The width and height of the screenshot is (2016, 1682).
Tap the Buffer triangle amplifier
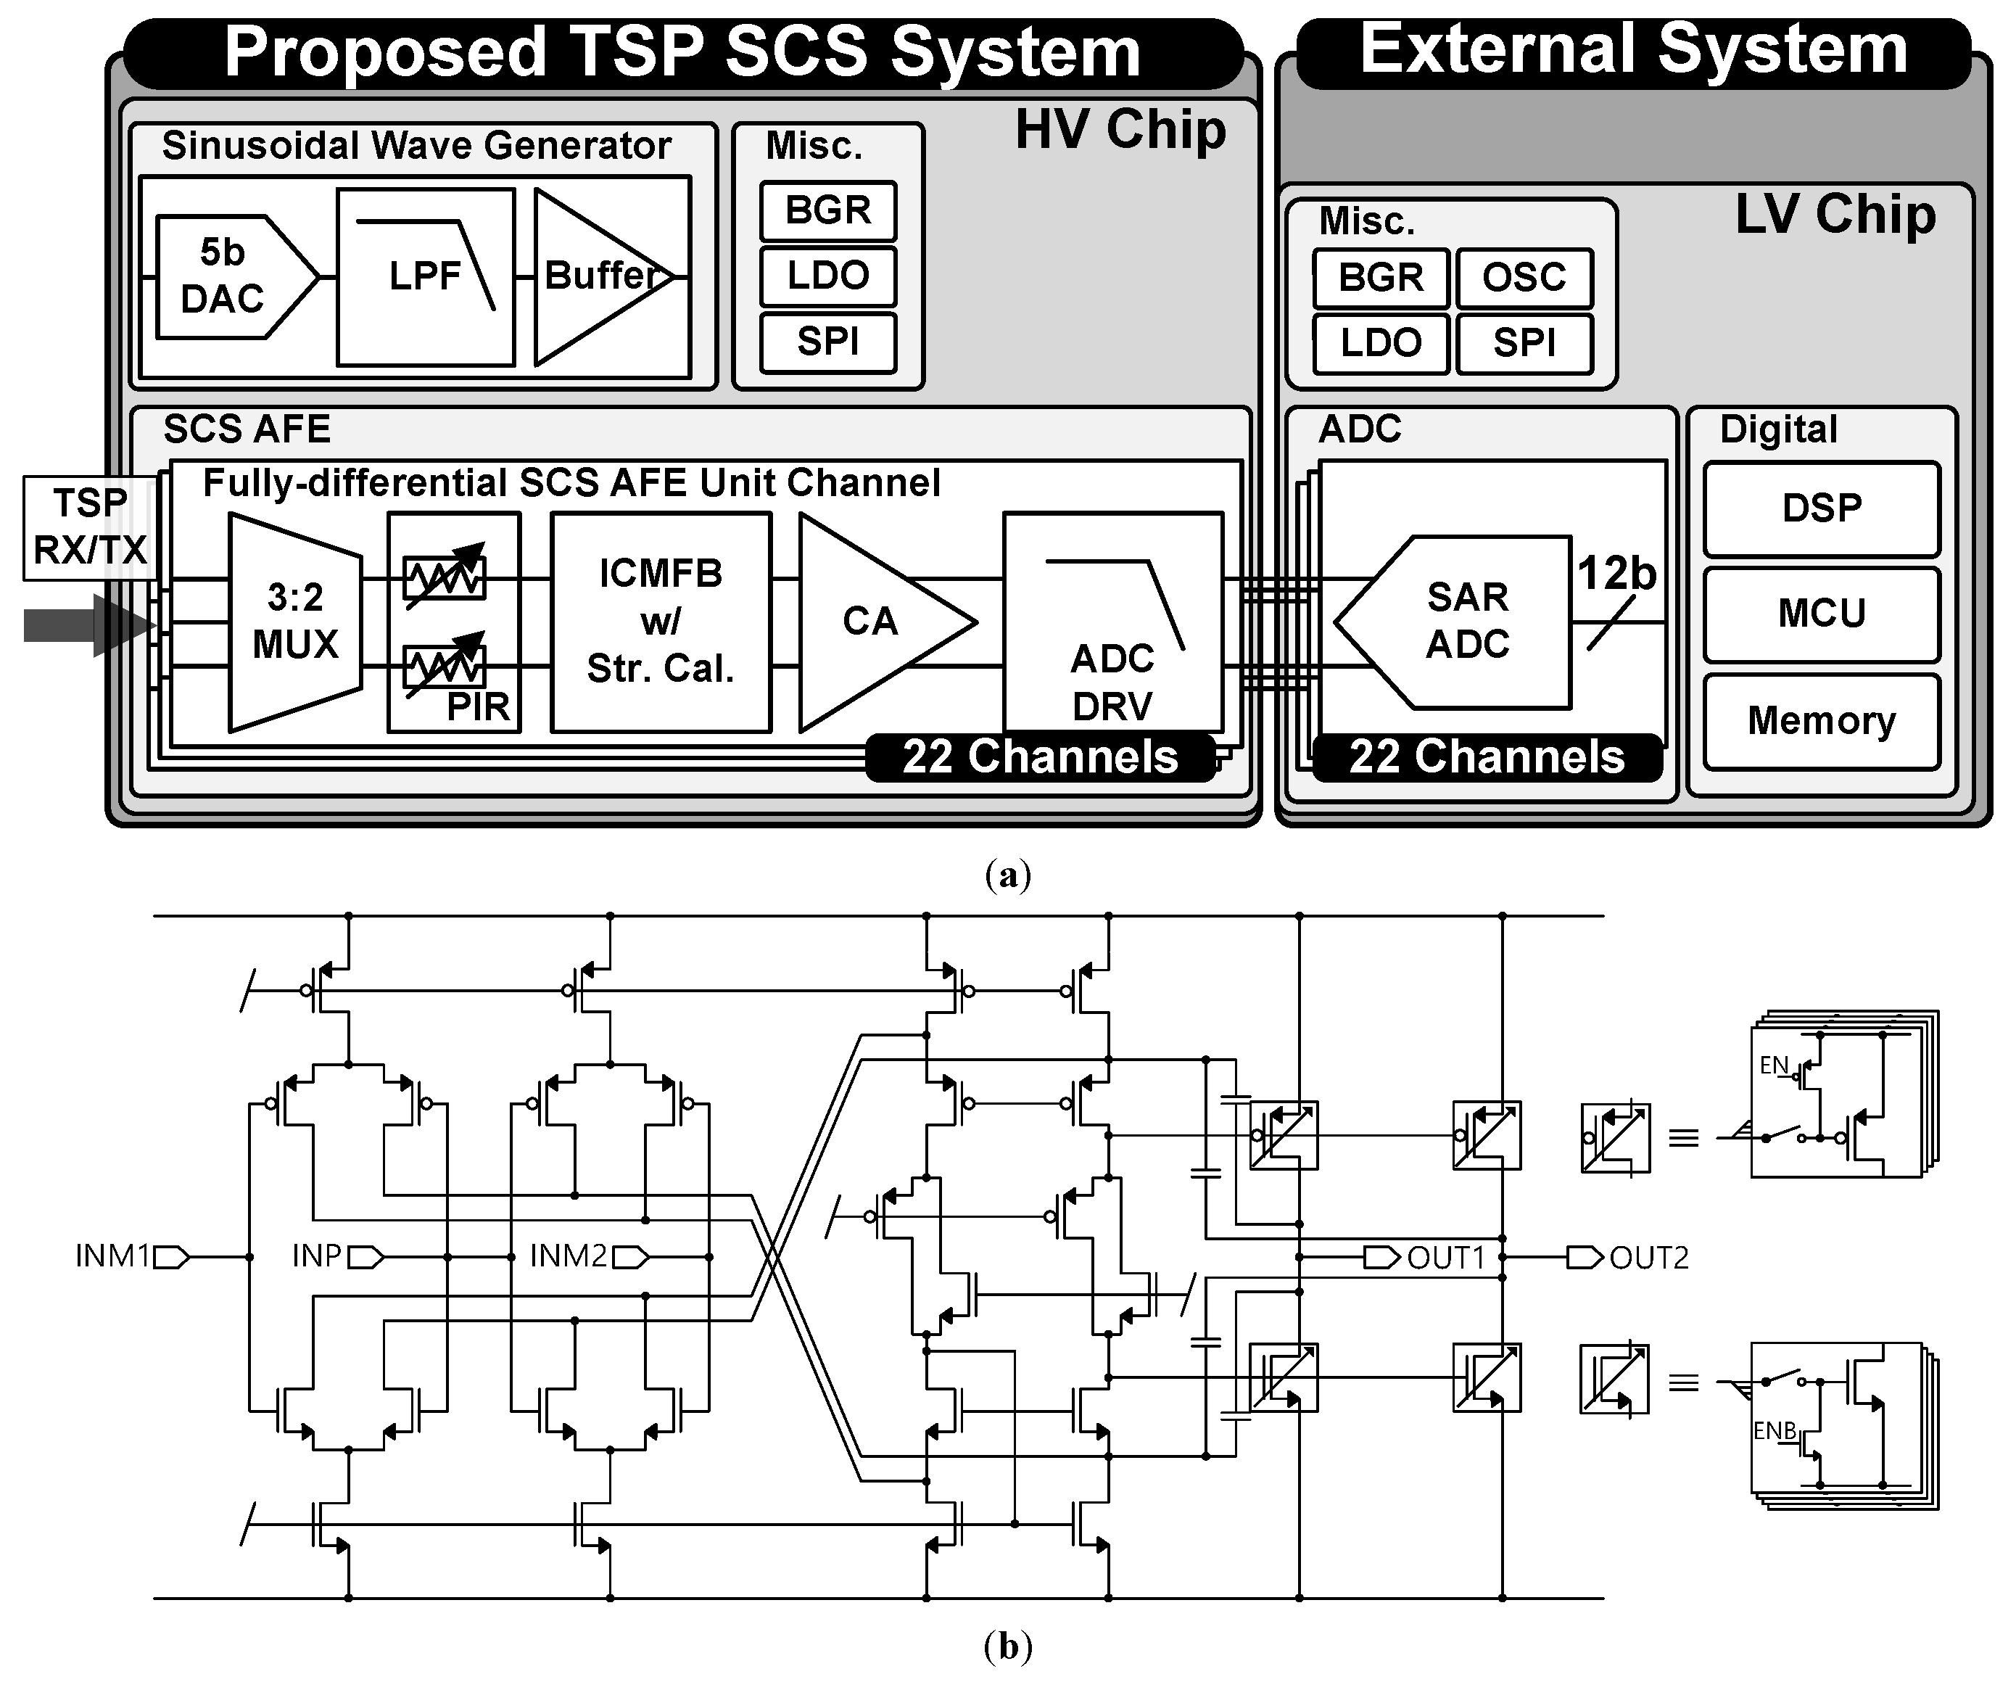coord(595,276)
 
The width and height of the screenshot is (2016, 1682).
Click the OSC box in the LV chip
coord(1524,278)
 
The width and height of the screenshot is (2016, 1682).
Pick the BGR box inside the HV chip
coord(827,210)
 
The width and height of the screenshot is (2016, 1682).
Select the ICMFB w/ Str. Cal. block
coord(661,621)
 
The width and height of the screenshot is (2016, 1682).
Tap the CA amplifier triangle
coord(869,621)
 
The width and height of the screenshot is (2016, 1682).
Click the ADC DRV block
coord(1112,662)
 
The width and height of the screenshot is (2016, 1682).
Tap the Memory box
coord(1821,721)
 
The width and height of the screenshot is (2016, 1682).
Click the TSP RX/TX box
coord(89,527)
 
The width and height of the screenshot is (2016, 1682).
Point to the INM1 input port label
coord(113,1256)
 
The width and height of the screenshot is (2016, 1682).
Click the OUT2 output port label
coord(1648,1258)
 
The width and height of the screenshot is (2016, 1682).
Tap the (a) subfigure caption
coord(1007,875)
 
